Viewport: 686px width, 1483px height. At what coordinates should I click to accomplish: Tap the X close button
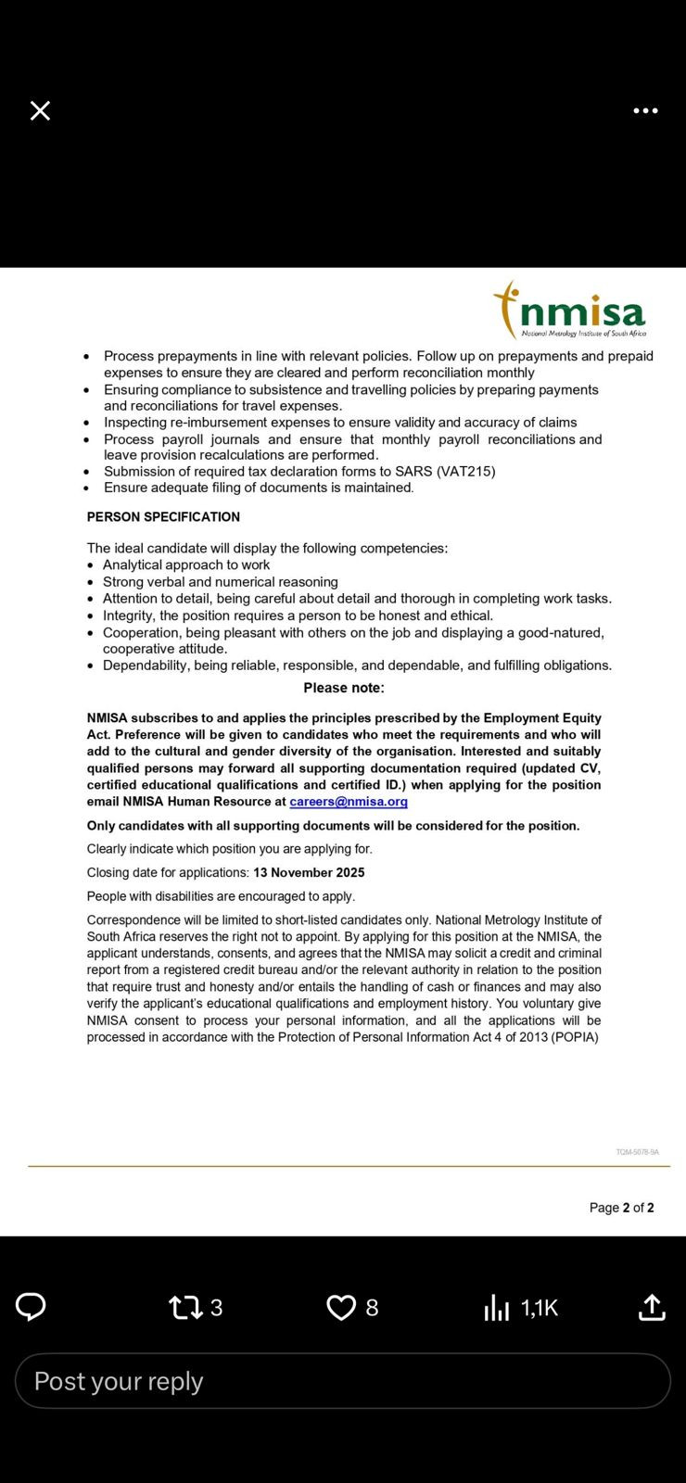coord(40,111)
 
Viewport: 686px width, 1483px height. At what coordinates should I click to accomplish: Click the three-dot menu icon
coord(645,111)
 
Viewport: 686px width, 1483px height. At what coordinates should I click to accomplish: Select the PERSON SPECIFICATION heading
coord(163,517)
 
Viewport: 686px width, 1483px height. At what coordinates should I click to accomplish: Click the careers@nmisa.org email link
coord(349,802)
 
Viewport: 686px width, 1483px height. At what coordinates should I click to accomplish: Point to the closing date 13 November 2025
coord(309,873)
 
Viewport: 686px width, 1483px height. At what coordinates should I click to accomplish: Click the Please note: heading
coord(344,688)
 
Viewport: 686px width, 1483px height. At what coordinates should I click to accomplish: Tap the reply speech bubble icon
coord(31,1307)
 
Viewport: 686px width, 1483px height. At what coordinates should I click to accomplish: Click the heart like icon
coord(341,1308)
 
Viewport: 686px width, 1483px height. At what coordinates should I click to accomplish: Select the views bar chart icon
coord(497,1308)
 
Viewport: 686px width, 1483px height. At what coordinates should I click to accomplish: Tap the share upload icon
coord(652,1307)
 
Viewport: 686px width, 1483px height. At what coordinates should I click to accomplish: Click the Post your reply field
coord(343,1381)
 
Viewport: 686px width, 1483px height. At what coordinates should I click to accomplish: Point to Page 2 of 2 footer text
coord(621,1208)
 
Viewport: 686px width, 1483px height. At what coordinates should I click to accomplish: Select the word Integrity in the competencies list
coord(128,615)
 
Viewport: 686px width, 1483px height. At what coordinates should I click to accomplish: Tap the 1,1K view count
coord(540,1308)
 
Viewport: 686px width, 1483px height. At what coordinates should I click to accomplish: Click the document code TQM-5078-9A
coord(637,1152)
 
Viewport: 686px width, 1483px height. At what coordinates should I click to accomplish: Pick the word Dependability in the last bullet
coord(145,665)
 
